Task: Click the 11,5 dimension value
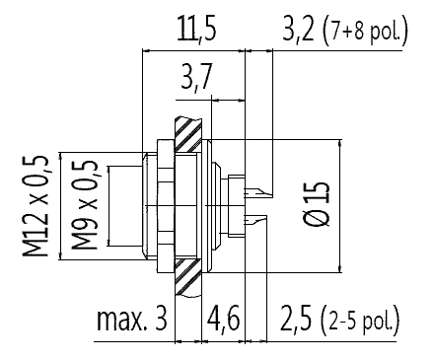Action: pyautogui.click(x=196, y=29)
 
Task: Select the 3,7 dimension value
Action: pyautogui.click(x=195, y=77)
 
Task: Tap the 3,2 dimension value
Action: pyautogui.click(x=298, y=29)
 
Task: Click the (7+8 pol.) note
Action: pyautogui.click(x=365, y=32)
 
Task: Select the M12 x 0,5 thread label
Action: pyautogui.click(x=36, y=206)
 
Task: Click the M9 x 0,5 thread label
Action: pyautogui.click(x=85, y=205)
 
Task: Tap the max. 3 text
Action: pyautogui.click(x=132, y=319)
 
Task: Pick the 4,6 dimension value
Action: pyautogui.click(x=223, y=319)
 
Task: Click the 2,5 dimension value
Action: pyautogui.click(x=296, y=319)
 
